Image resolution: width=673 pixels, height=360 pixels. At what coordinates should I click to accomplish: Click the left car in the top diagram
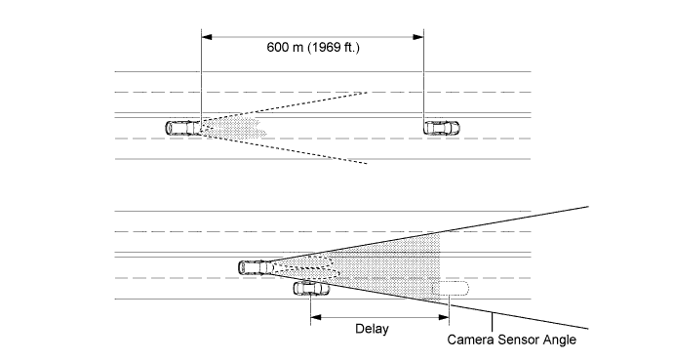181,127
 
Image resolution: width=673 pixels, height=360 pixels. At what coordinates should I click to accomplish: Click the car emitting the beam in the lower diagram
255,265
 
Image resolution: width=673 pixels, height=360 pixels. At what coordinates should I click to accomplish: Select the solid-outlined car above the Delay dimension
311,288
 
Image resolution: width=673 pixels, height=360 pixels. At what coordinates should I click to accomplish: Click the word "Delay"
371,329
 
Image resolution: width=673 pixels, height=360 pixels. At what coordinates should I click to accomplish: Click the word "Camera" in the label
472,340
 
